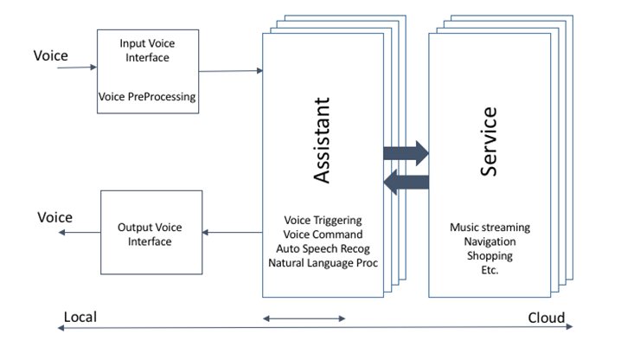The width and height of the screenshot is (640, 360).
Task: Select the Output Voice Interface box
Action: (150, 235)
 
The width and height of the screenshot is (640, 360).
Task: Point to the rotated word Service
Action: (489, 142)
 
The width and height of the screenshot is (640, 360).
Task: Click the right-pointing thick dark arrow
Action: (406, 153)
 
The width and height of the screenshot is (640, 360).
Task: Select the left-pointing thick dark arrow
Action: (406, 181)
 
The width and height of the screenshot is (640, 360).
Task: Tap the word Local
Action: (80, 318)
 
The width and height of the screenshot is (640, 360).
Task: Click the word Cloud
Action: (547, 318)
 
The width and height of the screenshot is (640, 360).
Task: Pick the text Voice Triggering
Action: (323, 221)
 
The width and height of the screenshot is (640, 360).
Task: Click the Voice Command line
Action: (323, 235)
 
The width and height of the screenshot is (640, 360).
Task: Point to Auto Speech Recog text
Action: (323, 248)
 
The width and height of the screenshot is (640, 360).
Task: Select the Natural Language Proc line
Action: (323, 262)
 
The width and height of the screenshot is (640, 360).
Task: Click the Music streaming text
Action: (490, 228)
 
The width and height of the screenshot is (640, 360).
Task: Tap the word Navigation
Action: (490, 241)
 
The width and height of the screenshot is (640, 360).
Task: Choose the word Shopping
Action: (490, 255)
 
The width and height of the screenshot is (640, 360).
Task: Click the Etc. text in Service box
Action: (490, 269)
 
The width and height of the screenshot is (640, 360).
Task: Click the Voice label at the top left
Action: (51, 56)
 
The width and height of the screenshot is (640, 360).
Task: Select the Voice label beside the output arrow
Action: (54, 217)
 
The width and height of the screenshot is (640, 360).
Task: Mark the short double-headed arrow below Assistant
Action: (304, 319)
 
